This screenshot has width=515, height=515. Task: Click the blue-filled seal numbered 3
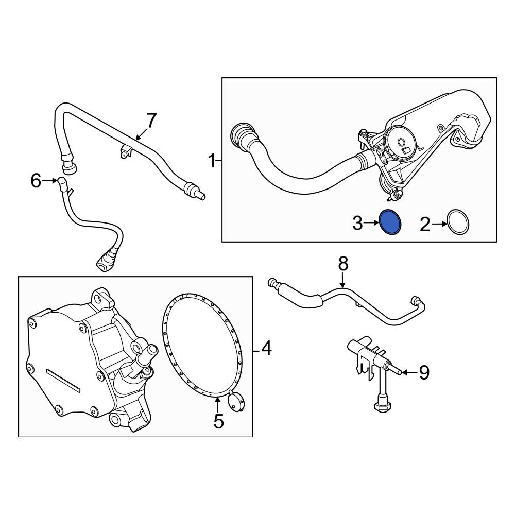pyautogui.click(x=390, y=222)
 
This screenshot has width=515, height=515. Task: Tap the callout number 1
pyautogui.click(x=213, y=161)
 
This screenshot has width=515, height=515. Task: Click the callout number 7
pyautogui.click(x=151, y=121)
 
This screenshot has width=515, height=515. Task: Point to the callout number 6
pyautogui.click(x=36, y=180)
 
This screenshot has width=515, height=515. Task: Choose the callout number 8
pyautogui.click(x=343, y=264)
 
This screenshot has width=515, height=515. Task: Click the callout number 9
pyautogui.click(x=424, y=372)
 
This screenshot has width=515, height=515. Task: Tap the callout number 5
pyautogui.click(x=218, y=421)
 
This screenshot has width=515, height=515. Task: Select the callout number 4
pyautogui.click(x=266, y=348)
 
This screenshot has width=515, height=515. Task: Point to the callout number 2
pyautogui.click(x=425, y=225)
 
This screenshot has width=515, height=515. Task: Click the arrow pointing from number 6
pyautogui.click(x=50, y=180)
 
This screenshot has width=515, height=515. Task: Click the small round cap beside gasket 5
pyautogui.click(x=236, y=401)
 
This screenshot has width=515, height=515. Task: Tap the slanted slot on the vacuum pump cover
pyautogui.click(x=63, y=380)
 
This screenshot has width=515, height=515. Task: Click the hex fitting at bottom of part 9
pyautogui.click(x=382, y=407)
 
